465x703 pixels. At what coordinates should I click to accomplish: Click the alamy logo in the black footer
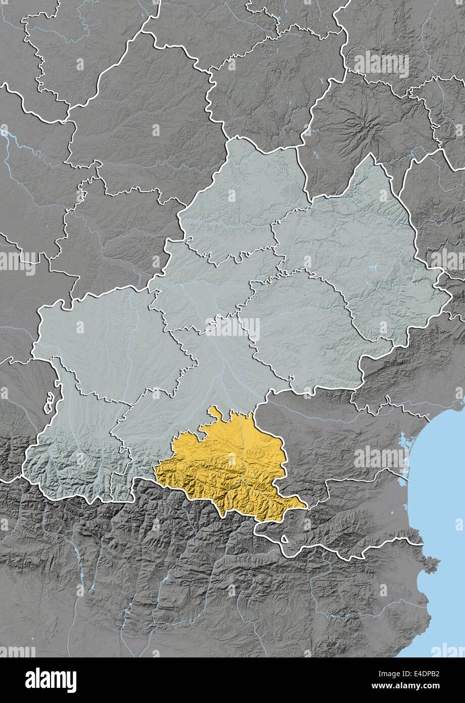click(51, 680)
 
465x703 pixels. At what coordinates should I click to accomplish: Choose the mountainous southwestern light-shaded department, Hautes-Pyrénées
click(76, 455)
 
